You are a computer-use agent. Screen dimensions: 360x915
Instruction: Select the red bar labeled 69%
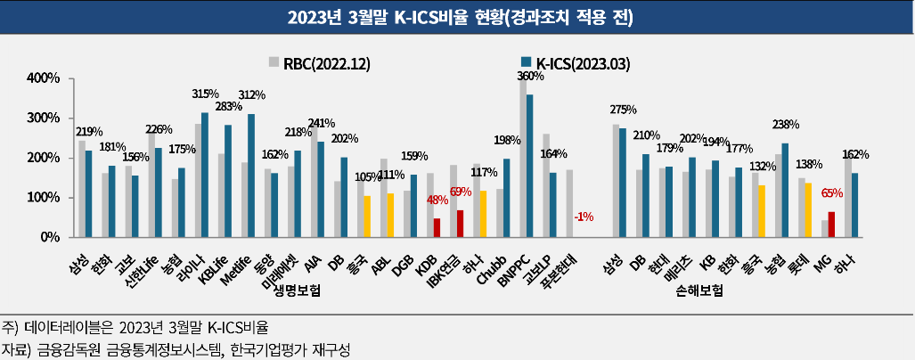click(x=460, y=224)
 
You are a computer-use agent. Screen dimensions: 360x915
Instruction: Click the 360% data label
click(x=532, y=78)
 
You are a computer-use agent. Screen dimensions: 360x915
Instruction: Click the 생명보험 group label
click(x=298, y=290)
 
